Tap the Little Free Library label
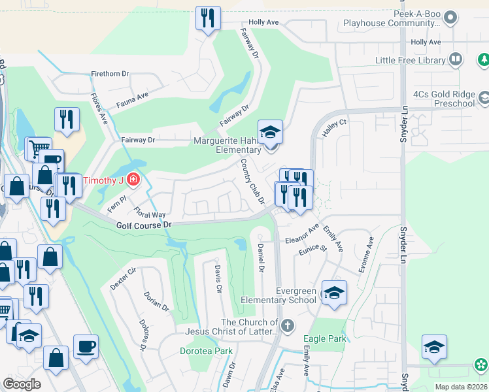pyautogui.click(x=410, y=60)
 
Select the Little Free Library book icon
pyautogui.click(x=456, y=60)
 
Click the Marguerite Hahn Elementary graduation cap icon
pyautogui.click(x=270, y=132)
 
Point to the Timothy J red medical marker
pyautogui.click(x=133, y=179)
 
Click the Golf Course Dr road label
pyautogui.click(x=144, y=225)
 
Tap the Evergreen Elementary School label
pyautogui.click(x=278, y=295)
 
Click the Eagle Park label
pyautogui.click(x=325, y=338)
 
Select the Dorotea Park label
pyautogui.click(x=206, y=351)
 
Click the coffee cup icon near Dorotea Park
pyautogui.click(x=85, y=346)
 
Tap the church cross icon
pyautogui.click(x=287, y=324)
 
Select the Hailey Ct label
pyautogui.click(x=333, y=122)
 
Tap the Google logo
pyautogui.click(x=22, y=384)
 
